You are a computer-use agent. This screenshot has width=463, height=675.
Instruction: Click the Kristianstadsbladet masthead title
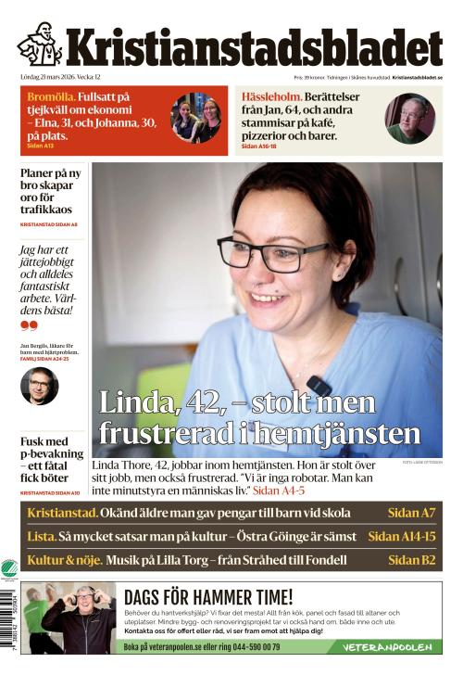point(253,47)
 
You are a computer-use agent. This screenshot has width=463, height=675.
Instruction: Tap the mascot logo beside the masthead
point(39,45)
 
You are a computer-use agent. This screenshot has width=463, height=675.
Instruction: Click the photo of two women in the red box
point(195,118)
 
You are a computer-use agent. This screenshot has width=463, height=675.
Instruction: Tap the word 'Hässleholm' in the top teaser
point(272,96)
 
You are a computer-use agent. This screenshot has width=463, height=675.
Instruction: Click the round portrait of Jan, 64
point(409,119)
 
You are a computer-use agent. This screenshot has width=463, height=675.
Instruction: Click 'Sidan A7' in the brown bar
point(413,513)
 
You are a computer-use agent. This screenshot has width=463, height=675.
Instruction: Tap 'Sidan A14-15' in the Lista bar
point(401,536)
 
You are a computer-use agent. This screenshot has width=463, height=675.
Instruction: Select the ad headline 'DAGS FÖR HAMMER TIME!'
point(208,598)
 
